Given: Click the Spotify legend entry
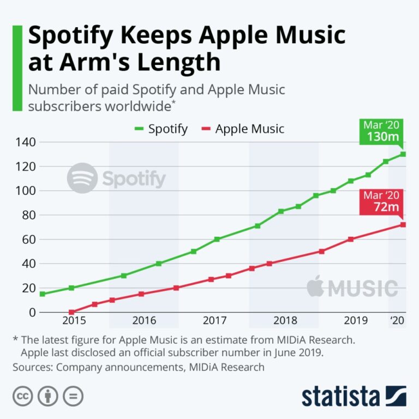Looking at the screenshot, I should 161,129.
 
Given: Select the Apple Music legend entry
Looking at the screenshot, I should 243,129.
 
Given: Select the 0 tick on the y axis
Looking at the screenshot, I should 32,313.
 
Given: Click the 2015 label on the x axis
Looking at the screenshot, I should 74,320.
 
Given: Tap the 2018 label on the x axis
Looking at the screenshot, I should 285,320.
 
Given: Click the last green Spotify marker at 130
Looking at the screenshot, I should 403,154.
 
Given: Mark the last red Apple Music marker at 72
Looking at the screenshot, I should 403,225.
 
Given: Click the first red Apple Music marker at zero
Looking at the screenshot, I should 71,312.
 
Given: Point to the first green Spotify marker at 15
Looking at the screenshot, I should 43,294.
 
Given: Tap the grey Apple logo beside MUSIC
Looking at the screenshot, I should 315,286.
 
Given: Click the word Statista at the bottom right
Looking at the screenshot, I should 340,396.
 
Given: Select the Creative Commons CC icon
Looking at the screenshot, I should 23,396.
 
